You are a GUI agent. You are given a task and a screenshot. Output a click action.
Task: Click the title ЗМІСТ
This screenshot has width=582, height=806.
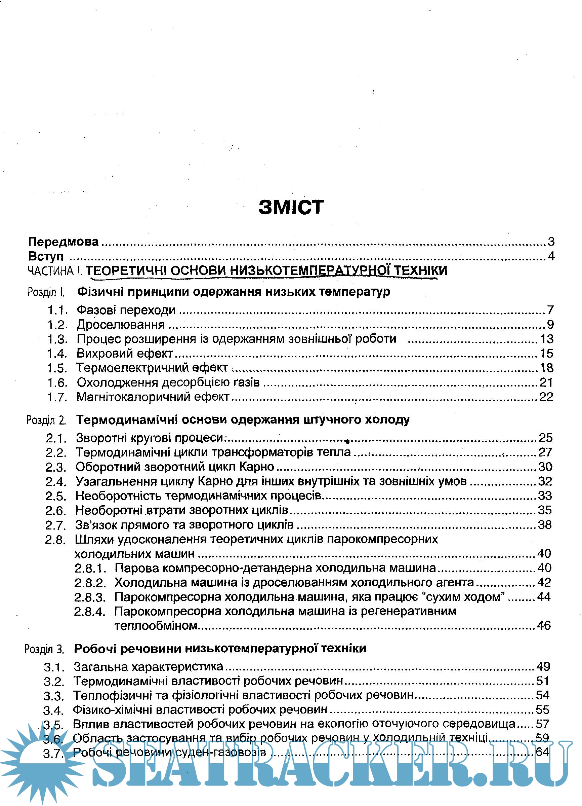tap(291, 207)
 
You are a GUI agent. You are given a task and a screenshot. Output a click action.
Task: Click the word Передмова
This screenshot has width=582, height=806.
tap(63, 242)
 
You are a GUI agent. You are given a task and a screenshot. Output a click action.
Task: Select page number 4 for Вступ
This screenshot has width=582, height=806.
tap(551, 256)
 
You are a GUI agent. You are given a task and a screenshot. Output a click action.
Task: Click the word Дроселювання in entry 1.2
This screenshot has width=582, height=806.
tap(121, 325)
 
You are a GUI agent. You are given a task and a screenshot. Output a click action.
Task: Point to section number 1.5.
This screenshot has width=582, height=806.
tap(57, 368)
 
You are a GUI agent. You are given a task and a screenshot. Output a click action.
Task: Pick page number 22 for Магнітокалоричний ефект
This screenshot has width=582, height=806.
tap(546, 397)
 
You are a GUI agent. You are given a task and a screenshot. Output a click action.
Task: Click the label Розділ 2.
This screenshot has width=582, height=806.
tap(46, 420)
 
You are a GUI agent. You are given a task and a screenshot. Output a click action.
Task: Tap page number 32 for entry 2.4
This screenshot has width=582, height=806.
tap(545, 481)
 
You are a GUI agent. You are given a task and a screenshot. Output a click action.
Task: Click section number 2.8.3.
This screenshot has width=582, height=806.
tap(90, 597)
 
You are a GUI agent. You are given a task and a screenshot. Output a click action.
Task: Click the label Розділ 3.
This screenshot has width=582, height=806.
tap(44, 649)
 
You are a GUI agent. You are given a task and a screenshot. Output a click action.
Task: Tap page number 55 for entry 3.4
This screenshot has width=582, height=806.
tap(542, 710)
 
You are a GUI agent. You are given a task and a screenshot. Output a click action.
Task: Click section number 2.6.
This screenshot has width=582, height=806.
tap(55, 511)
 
